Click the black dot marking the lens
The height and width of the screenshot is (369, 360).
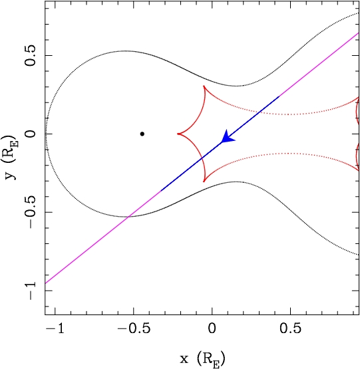[x=142, y=134]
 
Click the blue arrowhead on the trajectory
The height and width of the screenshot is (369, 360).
[x=227, y=138]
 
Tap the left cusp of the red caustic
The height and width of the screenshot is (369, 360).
[x=178, y=134]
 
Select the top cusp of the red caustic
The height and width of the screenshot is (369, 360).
[x=204, y=86]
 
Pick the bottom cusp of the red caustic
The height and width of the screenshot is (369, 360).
[x=204, y=182]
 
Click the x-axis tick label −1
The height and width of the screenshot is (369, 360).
[x=55, y=328]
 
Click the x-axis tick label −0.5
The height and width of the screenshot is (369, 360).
[x=133, y=328]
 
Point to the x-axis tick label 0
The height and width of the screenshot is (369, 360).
[x=212, y=328]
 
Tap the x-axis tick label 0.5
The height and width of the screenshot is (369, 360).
[x=290, y=328]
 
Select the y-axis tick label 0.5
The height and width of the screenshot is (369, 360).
[x=31, y=55]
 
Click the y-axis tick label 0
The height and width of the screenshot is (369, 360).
[x=31, y=134]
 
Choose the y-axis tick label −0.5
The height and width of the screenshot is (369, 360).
[x=31, y=212]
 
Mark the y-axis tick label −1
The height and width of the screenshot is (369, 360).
[x=31, y=291]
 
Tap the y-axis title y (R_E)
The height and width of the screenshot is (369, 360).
[x=11, y=157]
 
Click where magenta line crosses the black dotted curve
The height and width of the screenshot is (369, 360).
[x=128, y=217]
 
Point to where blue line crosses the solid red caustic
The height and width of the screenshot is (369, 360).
[x=201, y=159]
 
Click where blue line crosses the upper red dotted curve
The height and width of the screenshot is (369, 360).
[x=260, y=112]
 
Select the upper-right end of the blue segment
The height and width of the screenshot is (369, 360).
[x=279, y=96]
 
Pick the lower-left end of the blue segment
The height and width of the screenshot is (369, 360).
[x=161, y=190]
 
